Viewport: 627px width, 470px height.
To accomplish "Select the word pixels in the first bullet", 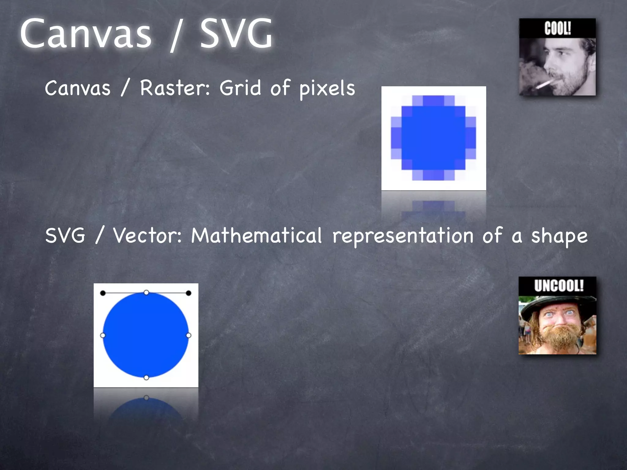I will [327, 89].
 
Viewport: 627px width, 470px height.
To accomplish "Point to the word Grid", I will [240, 88].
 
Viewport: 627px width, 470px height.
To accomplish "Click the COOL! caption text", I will [558, 28].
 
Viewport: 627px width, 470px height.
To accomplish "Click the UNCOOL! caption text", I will [559, 286].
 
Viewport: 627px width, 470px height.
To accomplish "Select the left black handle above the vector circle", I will [103, 293].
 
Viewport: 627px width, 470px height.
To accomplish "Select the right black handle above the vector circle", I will [189, 293].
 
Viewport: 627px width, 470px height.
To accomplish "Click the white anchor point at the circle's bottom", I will [146, 378].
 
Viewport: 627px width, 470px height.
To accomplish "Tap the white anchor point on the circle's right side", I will [189, 335].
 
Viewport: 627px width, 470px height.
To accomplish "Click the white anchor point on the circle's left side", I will [103, 335].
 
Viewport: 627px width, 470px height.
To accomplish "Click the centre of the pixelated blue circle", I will [434, 138].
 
